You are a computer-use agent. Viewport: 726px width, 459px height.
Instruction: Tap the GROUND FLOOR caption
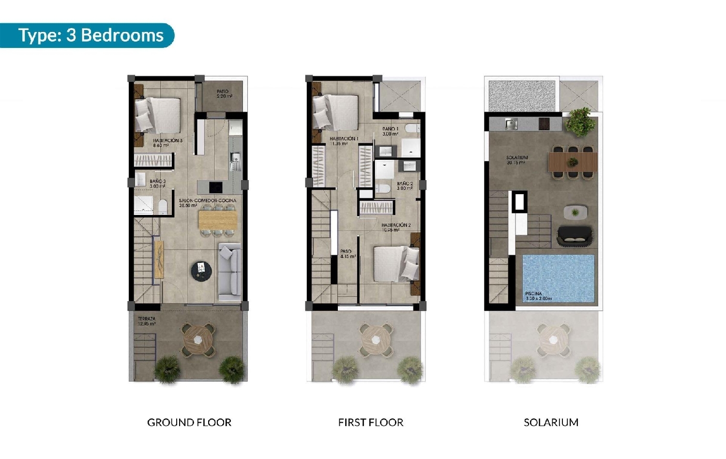point(189,423)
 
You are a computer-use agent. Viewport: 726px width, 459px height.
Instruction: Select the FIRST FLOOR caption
point(371,423)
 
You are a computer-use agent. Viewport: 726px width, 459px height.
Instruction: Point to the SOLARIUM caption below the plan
point(551,423)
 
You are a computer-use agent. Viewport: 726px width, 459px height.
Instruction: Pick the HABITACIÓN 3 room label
point(167,142)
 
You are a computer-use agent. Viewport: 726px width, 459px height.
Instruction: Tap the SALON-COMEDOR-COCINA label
point(207,202)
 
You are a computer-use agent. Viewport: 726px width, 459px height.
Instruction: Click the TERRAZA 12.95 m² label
point(147,321)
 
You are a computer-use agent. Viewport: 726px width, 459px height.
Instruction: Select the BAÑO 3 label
point(157,184)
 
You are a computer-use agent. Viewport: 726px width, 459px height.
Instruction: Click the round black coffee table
point(201,271)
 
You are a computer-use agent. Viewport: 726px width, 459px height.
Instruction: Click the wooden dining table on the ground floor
point(218,220)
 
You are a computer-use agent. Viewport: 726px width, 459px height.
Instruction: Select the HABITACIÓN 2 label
point(395,227)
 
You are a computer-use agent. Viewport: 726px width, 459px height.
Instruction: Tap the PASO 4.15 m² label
point(348,254)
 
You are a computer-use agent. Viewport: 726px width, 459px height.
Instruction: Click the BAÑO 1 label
point(390,131)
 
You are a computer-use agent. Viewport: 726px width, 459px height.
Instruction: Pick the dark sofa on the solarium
point(575,236)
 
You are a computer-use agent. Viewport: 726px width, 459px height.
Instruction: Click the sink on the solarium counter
point(511,124)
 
